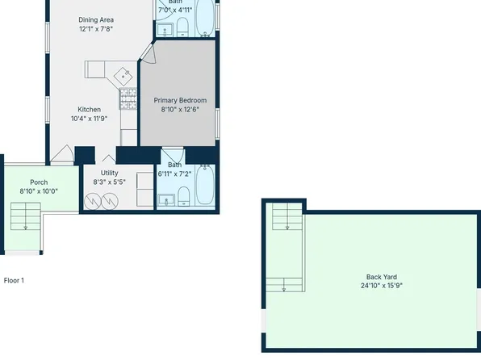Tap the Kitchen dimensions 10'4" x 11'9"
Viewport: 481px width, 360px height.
(89, 119)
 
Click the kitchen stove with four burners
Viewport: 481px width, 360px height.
(128, 99)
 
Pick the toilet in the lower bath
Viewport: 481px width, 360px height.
(183, 196)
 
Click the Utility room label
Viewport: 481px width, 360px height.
(110, 173)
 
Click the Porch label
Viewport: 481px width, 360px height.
(39, 182)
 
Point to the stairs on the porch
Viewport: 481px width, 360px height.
(25, 216)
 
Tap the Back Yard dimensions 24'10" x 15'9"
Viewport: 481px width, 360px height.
(382, 286)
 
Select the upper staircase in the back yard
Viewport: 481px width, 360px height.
(285, 216)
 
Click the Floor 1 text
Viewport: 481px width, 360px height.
(15, 280)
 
